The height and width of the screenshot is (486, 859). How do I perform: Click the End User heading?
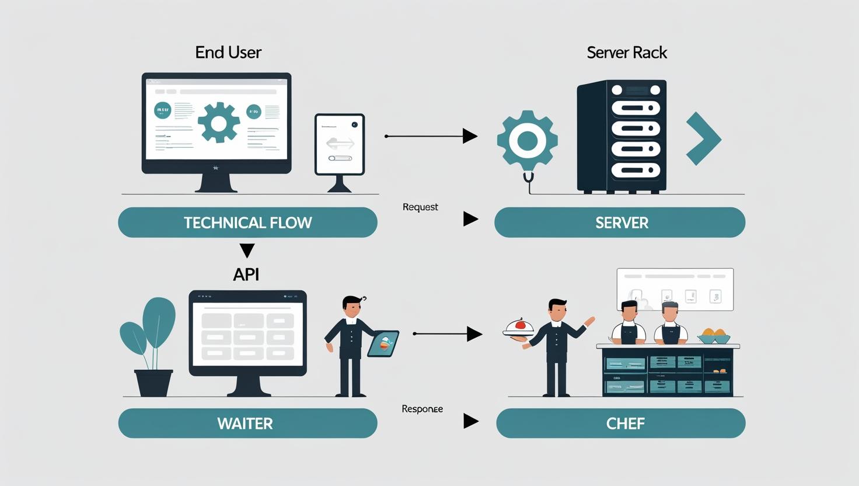coord(228,53)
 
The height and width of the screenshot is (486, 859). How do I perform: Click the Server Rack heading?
coord(627,53)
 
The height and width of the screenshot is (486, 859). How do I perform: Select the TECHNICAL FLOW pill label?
coord(247,223)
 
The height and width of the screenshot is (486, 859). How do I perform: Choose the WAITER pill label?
coord(245,423)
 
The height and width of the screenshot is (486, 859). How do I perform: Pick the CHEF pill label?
coord(625,423)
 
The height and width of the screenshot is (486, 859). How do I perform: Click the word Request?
coord(420,207)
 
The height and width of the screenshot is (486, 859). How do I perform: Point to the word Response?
coord(422,409)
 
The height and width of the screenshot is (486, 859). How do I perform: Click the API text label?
coord(246,275)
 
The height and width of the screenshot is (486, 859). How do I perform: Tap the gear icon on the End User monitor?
coord(219,123)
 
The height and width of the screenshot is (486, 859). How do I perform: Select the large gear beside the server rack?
coord(527,141)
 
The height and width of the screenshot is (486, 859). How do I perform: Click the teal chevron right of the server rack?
coord(704,140)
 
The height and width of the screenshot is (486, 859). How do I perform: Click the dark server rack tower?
coord(621,136)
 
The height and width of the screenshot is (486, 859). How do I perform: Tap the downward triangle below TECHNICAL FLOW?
coord(247,251)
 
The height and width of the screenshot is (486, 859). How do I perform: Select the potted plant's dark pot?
coord(154,383)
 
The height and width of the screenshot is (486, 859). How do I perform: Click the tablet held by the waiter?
coord(383,343)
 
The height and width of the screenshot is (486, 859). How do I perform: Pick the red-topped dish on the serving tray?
coord(519,327)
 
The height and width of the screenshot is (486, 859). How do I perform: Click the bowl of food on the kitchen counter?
coord(714,336)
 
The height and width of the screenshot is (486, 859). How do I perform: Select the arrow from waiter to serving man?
coord(448,334)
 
